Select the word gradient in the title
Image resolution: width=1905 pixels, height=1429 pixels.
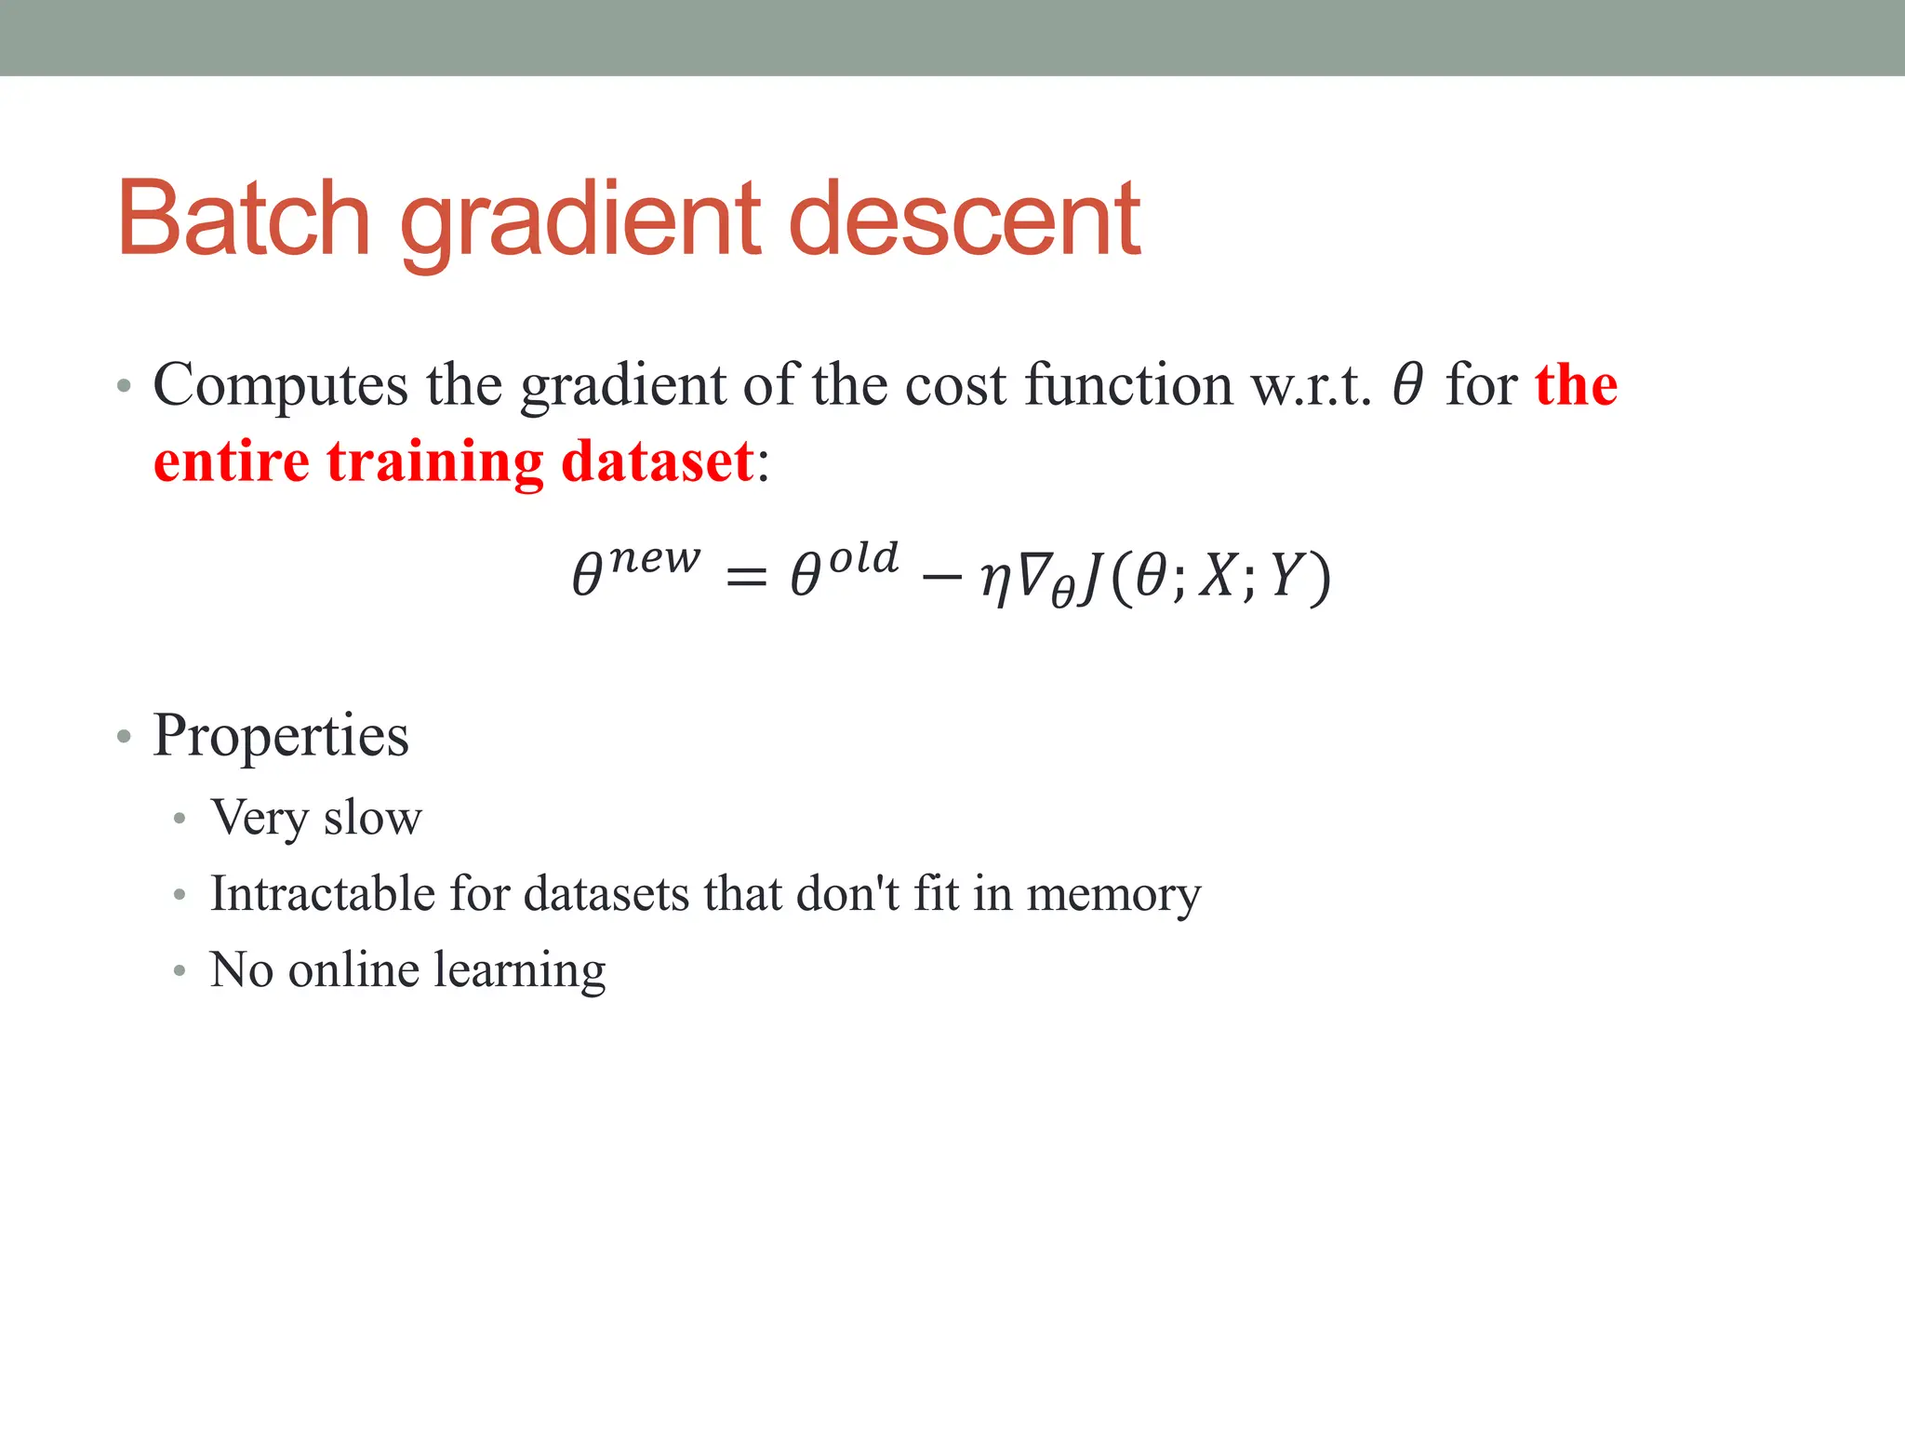click(x=581, y=223)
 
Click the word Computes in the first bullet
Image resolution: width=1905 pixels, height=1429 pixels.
click(x=280, y=385)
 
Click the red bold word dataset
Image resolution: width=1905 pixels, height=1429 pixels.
click(x=657, y=461)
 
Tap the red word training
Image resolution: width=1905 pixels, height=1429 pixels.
click(x=435, y=463)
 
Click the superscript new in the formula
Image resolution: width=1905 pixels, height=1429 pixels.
click(x=655, y=558)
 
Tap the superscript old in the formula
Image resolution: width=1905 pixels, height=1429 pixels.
click(x=863, y=558)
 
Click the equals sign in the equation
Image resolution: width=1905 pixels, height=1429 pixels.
click(x=746, y=577)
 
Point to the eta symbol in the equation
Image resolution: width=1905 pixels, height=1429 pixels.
click(x=996, y=579)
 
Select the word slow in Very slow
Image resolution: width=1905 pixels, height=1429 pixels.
click(x=373, y=818)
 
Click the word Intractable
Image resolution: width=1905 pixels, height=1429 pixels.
click(x=322, y=893)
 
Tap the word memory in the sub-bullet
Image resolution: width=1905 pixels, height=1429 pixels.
click(x=1113, y=895)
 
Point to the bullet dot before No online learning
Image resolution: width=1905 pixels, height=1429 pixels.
click(x=180, y=970)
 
